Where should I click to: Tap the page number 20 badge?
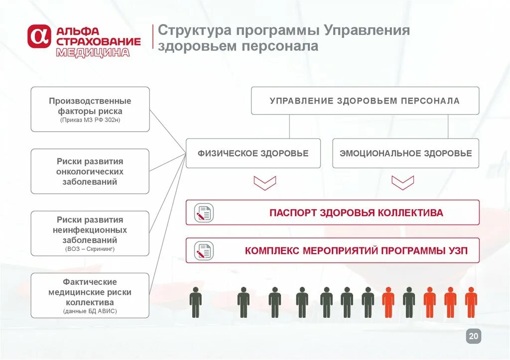[474, 337]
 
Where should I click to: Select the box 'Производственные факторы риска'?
[90, 109]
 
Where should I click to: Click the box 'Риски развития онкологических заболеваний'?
[90, 171]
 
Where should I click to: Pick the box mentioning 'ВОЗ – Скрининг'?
[90, 233]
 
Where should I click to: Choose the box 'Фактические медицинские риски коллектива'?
[90, 295]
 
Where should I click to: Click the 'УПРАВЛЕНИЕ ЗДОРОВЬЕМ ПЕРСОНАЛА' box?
[365, 101]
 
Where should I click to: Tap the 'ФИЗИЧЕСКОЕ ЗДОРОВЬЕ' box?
[253, 153]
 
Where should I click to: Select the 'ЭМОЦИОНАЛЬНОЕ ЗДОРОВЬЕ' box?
[405, 153]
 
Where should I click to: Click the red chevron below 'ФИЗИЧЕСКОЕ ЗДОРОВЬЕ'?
[264, 182]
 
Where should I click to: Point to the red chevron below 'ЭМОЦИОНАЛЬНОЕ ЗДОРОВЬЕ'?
[402, 182]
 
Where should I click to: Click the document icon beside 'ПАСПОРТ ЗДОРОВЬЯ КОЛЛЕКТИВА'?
[204, 213]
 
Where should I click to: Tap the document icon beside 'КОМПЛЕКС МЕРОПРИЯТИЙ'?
[204, 250]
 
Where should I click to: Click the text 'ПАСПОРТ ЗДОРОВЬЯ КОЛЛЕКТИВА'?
[356, 213]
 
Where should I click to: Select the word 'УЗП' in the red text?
[457, 250]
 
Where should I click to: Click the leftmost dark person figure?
[196, 302]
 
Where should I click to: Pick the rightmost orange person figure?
[471, 302]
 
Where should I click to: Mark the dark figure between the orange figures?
[408, 302]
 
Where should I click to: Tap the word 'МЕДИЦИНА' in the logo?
[93, 52]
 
